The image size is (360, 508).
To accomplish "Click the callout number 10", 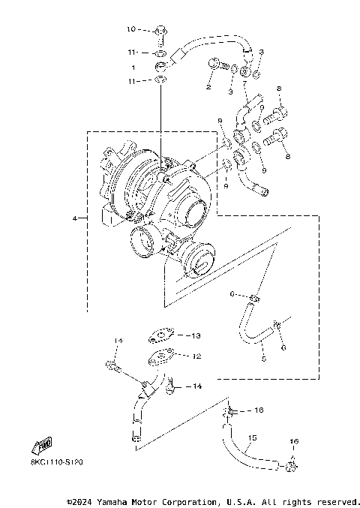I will coord(130,29).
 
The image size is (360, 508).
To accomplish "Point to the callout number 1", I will coord(133,67).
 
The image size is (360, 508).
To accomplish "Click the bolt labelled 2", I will coord(215,67).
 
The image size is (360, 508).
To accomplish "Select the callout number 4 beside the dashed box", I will coord(75,218).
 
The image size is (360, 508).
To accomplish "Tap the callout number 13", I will coord(196,335).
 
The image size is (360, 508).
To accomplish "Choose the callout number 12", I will coord(196,356).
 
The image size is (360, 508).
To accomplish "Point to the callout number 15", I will coord(252,437).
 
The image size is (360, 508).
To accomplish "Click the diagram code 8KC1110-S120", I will coord(57,464).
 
